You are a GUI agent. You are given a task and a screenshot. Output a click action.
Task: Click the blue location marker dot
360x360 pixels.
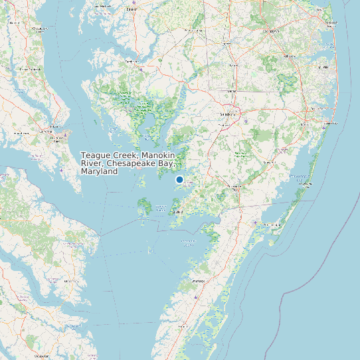pyautogui.click(x=179, y=179)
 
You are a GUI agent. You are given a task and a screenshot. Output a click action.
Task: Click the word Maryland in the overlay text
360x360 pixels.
pyautogui.click(x=99, y=171)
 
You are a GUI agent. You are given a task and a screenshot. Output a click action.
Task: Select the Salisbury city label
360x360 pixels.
pyautogui.click(x=228, y=113)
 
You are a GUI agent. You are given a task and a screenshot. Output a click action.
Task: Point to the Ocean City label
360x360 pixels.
pyautogui.click(x=327, y=123)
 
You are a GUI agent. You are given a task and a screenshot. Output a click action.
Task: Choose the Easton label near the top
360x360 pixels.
pyautogui.click(x=131, y=10)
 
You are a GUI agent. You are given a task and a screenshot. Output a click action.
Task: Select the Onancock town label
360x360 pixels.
pyautogui.click(x=197, y=281)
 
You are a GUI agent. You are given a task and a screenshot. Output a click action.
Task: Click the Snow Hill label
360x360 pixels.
pyautogui.click(x=269, y=163)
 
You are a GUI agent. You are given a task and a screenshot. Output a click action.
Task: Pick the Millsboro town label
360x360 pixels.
pyautogui.click(x=290, y=56)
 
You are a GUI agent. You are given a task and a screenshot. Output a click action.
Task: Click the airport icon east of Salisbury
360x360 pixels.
pyautogui.click(x=246, y=120)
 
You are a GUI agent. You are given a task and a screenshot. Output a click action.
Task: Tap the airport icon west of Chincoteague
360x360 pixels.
pyautogui.click(x=256, y=222)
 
